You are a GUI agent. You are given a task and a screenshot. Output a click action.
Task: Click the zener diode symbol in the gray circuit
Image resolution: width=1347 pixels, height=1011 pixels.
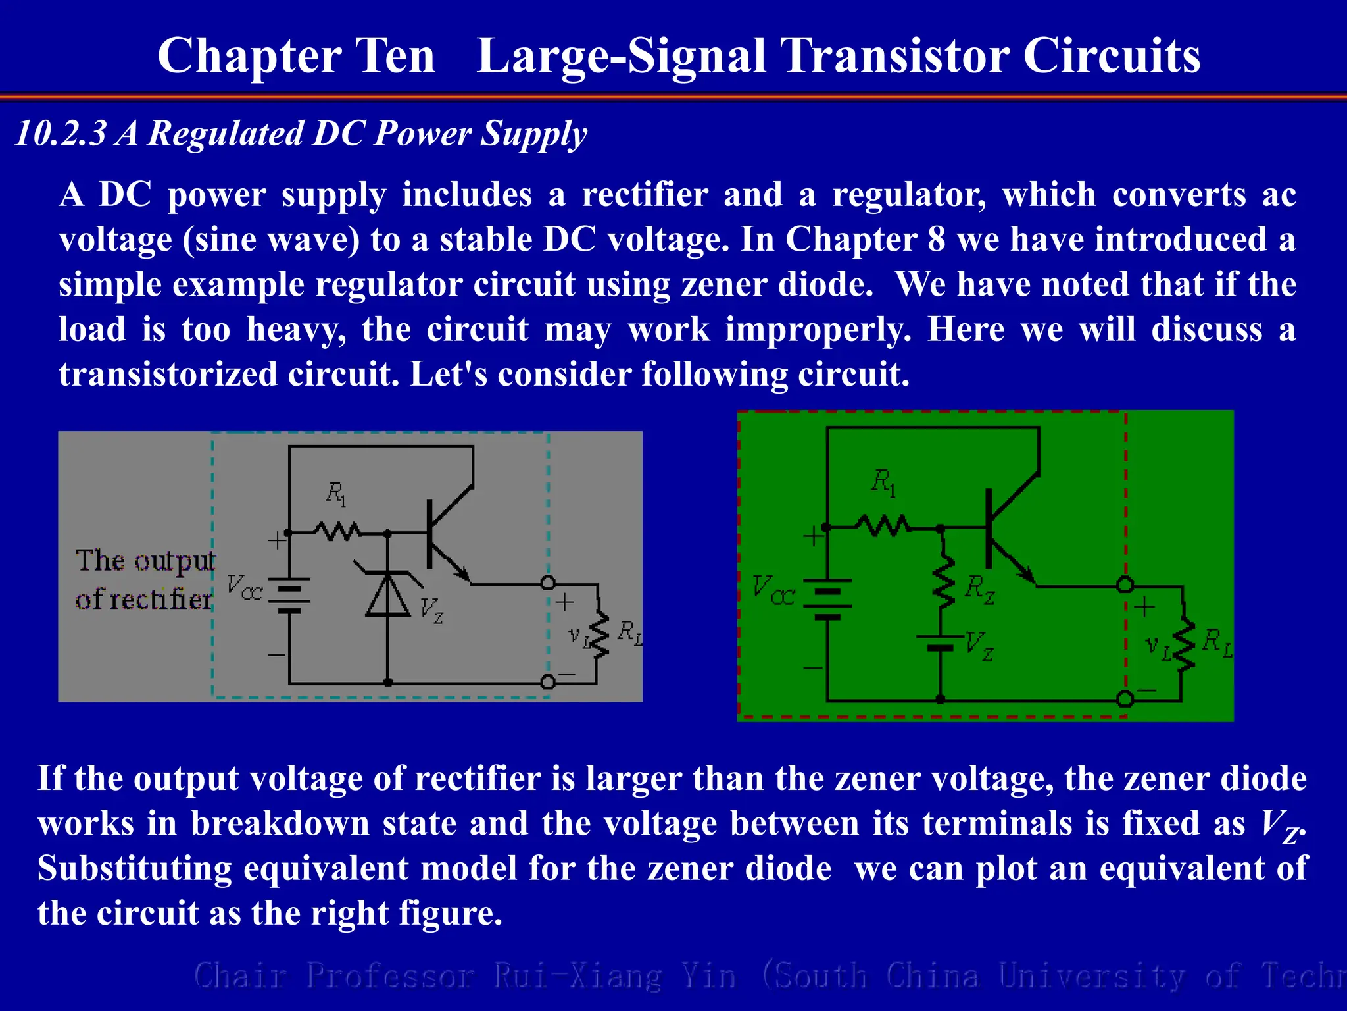click(387, 594)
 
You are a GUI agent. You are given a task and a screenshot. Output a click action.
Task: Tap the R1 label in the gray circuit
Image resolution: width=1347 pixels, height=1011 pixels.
click(336, 494)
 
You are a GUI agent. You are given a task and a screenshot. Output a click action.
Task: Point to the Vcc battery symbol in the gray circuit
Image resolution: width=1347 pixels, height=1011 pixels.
click(289, 596)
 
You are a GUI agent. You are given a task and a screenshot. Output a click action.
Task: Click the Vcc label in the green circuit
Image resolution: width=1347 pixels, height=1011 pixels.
click(772, 590)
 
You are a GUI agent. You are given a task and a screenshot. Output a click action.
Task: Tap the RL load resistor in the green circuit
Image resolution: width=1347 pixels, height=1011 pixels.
click(1184, 644)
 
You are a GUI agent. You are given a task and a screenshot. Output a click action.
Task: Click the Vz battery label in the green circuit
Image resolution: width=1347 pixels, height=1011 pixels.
click(979, 646)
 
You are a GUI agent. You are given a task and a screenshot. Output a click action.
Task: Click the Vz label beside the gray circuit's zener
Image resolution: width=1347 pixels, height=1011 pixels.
click(431, 609)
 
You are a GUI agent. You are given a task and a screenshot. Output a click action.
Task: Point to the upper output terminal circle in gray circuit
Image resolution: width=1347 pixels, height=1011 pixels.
click(548, 583)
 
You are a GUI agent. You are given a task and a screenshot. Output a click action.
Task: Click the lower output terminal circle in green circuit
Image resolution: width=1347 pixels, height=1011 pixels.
click(1125, 698)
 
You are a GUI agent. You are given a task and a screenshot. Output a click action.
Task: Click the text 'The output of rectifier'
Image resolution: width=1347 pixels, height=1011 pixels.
click(144, 580)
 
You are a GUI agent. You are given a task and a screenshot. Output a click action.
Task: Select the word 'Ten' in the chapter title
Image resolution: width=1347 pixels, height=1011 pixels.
click(395, 56)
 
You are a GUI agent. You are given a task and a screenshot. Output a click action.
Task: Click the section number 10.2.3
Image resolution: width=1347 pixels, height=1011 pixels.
click(61, 134)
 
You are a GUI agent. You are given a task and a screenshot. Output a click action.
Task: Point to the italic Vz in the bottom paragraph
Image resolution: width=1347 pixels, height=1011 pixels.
click(1279, 825)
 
